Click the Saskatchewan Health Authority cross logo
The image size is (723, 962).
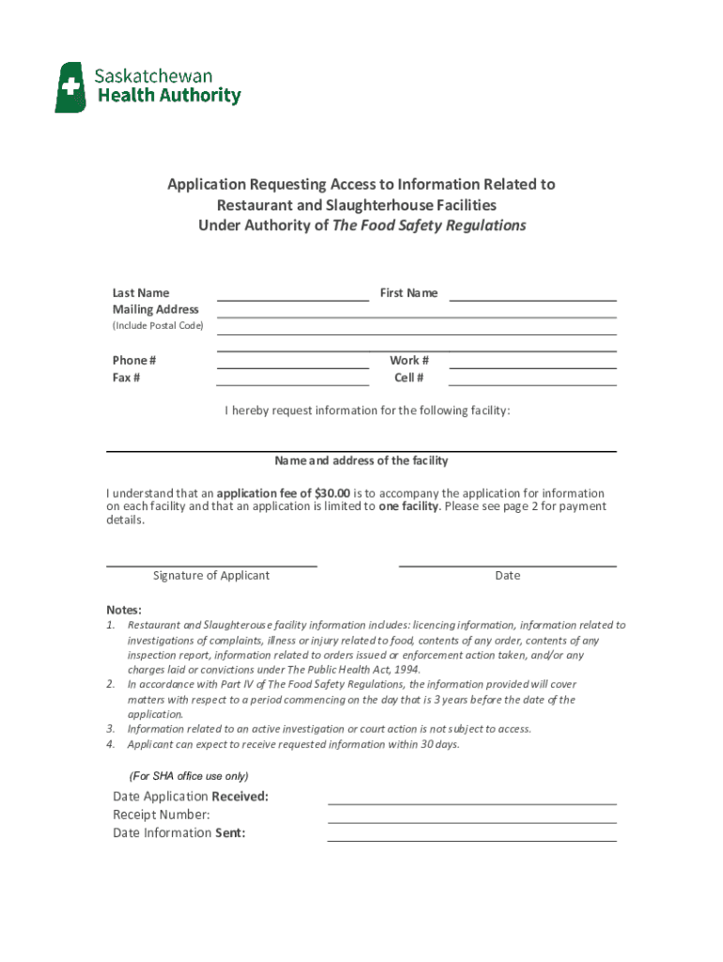[70, 87]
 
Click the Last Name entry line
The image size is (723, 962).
[293, 299]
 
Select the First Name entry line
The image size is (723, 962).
[532, 299]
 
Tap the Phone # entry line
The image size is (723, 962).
[293, 366]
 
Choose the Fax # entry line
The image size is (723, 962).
[293, 384]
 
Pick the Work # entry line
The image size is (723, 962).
[532, 366]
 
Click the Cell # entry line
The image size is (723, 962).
[532, 384]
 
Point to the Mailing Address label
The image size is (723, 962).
[156, 310]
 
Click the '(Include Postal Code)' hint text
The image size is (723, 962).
[158, 326]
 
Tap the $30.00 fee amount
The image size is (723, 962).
[332, 493]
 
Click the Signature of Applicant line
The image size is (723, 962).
[211, 566]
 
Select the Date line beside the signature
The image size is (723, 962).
[507, 566]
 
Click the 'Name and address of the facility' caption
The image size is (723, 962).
[361, 461]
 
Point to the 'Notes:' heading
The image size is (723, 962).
[124, 610]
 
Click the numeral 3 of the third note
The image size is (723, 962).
[110, 729]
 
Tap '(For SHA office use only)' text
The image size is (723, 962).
[189, 776]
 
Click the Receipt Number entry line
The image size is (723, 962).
[471, 821]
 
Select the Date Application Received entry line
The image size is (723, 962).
[471, 803]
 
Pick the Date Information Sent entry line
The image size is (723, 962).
[471, 839]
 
